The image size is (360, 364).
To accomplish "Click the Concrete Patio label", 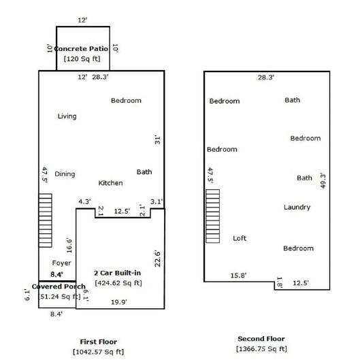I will pyautogui.click(x=82, y=49).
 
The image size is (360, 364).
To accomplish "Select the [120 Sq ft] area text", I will pyautogui.click(x=82, y=59).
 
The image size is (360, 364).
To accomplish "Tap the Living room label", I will pyautogui.click(x=67, y=116).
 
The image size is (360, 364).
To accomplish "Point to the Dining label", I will pyautogui.click(x=65, y=174).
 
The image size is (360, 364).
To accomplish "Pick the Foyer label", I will pyautogui.click(x=61, y=263).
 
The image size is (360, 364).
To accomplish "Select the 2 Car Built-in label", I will pyautogui.click(x=118, y=273).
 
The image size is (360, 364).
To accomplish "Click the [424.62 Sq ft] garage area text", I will pyautogui.click(x=118, y=282).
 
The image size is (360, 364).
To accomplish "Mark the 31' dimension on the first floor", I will pyautogui.click(x=157, y=140).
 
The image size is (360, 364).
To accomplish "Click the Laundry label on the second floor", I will pyautogui.click(x=297, y=207).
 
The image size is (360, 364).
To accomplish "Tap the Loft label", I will pyautogui.click(x=240, y=238).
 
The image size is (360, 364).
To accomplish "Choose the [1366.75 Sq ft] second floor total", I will pyautogui.click(x=261, y=348).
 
